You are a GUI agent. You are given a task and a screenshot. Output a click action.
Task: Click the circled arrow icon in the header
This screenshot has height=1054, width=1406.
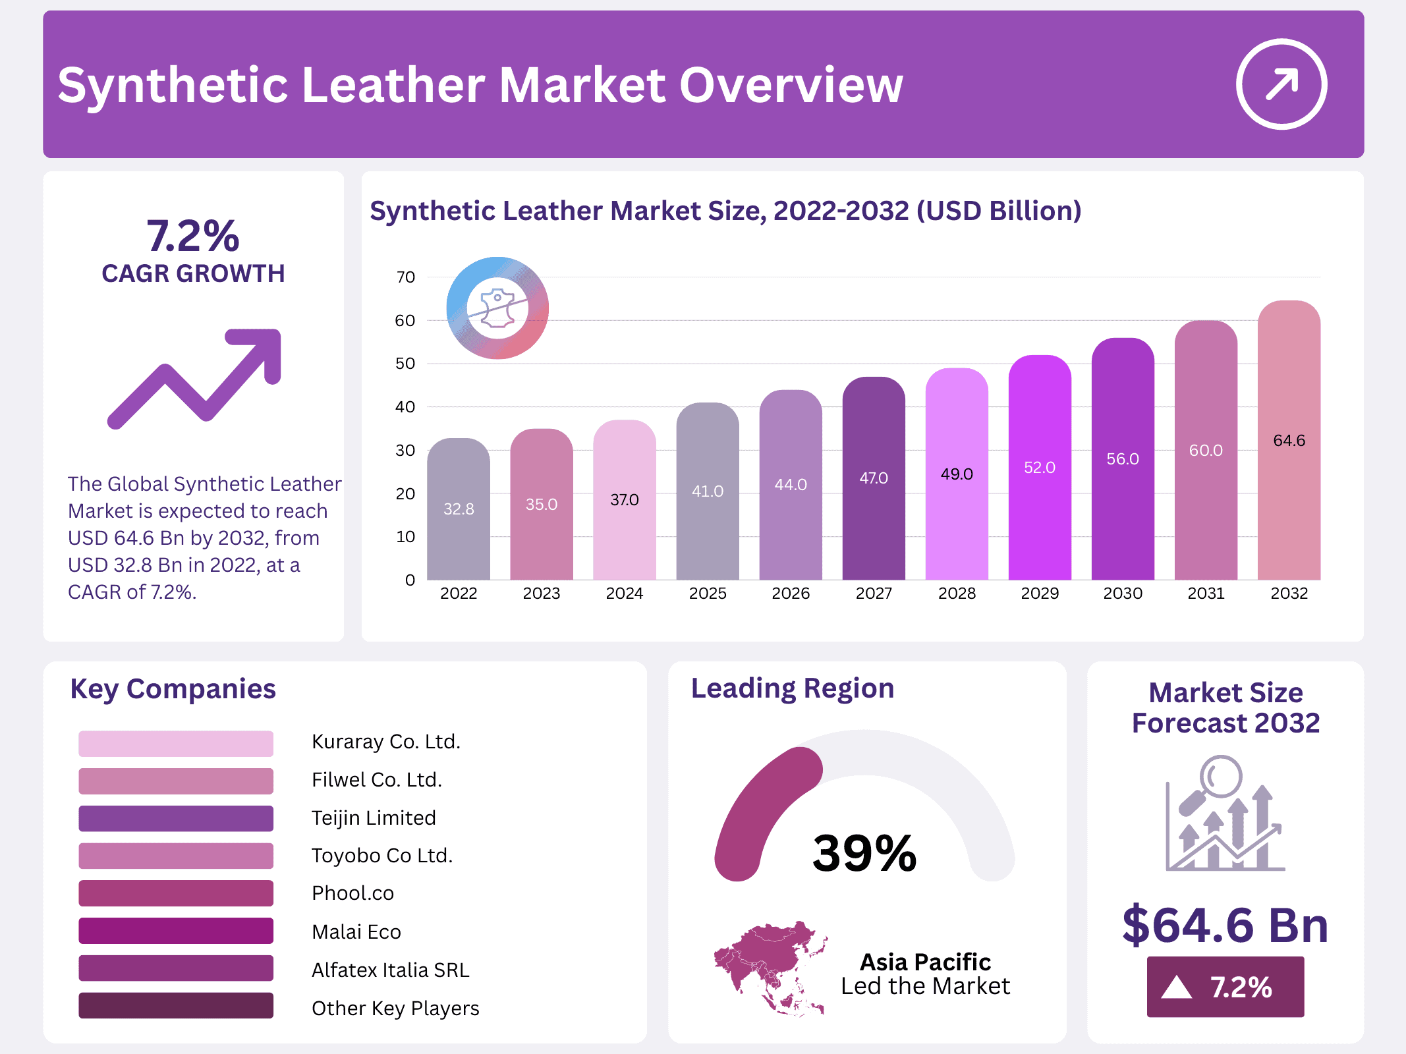[x=1281, y=84]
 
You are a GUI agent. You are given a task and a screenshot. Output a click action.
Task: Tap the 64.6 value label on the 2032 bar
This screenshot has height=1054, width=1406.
[x=1289, y=441]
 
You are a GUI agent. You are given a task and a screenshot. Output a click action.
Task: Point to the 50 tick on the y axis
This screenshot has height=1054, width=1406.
[x=405, y=364]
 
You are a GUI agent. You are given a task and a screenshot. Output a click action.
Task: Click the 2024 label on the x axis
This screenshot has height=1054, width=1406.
[x=624, y=594]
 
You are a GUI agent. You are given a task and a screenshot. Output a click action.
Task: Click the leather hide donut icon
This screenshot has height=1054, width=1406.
[x=497, y=308]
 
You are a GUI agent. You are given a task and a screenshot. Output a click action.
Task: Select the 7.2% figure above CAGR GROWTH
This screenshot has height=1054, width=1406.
[x=192, y=236]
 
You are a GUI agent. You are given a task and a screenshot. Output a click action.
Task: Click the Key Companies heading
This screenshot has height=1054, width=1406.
[x=173, y=689]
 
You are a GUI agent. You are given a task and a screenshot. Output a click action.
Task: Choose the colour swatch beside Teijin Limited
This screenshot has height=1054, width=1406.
[x=176, y=818]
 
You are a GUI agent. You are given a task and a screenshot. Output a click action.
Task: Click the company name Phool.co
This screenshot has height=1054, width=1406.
[x=352, y=893]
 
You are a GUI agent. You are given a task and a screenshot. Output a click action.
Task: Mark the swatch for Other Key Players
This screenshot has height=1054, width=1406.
[x=176, y=1006]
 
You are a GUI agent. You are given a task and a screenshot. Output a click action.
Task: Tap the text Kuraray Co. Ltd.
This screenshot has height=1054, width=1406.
[x=385, y=742]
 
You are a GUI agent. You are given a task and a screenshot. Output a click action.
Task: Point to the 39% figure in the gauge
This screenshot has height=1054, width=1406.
[x=864, y=853]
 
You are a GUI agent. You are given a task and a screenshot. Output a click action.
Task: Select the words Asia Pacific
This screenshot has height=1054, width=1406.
[x=925, y=962]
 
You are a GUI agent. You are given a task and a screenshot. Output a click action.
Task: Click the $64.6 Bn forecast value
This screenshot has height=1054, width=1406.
[x=1225, y=925]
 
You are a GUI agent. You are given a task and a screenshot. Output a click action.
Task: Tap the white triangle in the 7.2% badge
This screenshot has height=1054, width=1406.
[x=1177, y=987]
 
